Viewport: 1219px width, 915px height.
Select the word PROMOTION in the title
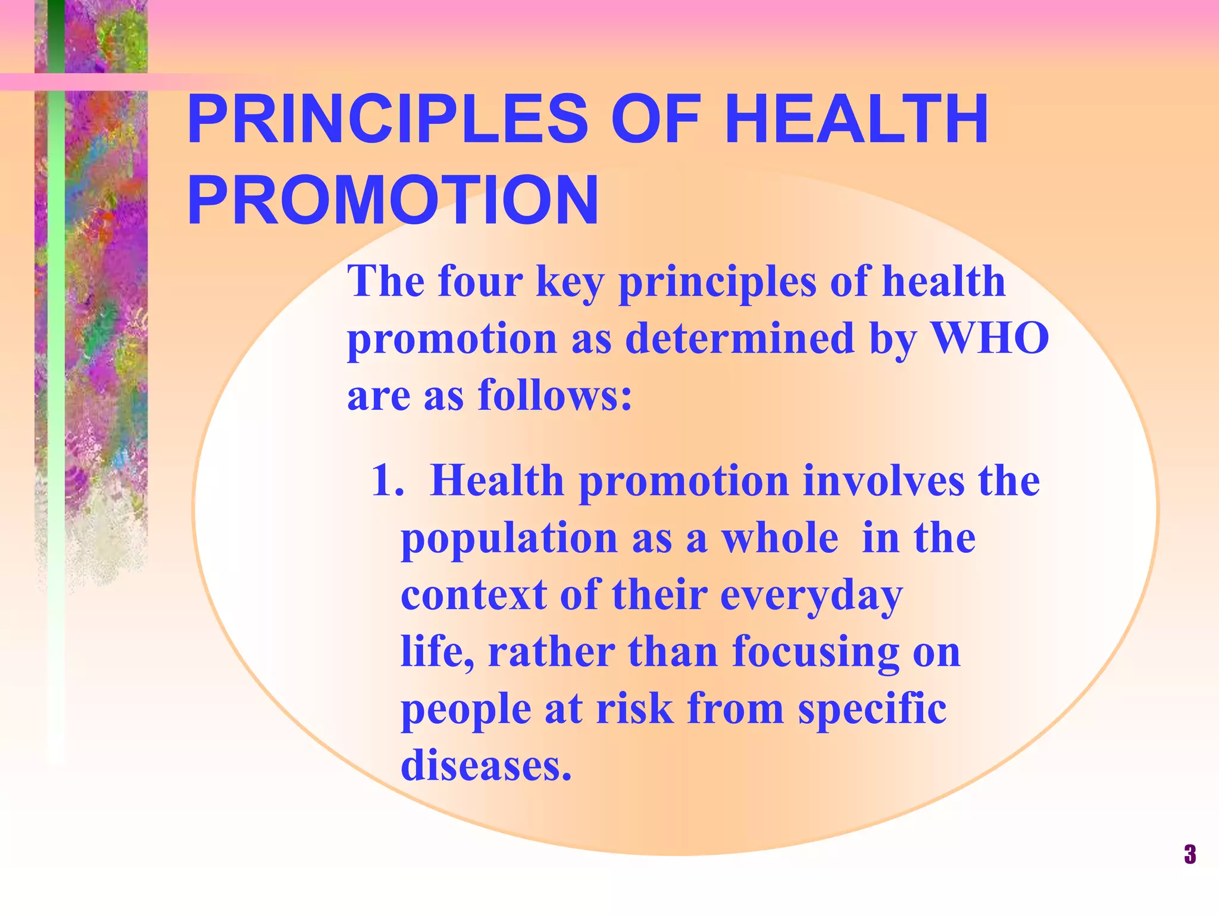click(393, 201)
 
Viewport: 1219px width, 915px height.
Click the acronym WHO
click(989, 338)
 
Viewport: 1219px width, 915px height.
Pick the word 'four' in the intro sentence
click(480, 281)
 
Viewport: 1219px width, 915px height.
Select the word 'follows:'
click(555, 395)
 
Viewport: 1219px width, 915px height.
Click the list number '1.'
click(387, 480)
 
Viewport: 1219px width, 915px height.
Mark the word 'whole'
click(780, 538)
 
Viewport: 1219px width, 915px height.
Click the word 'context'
click(473, 595)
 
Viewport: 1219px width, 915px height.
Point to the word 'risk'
click(635, 709)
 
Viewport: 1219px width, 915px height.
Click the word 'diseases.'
click(486, 765)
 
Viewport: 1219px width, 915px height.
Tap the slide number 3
click(1189, 854)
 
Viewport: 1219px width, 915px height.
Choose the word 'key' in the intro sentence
click(570, 282)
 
